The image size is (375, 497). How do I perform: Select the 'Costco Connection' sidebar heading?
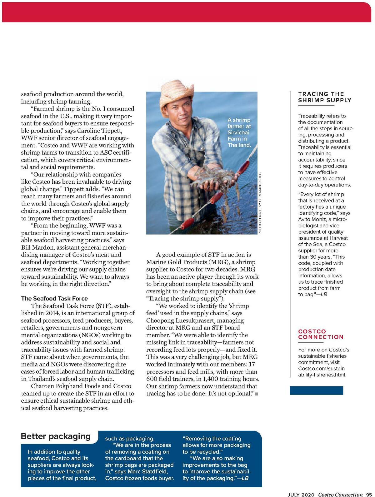(x=321, y=334)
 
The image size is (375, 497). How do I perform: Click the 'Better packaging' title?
(x=56, y=436)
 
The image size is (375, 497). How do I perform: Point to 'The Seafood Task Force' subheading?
(x=54, y=299)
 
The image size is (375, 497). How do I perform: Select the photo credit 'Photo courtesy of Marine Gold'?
(x=260, y=203)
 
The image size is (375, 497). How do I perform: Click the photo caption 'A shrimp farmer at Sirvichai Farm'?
(x=239, y=132)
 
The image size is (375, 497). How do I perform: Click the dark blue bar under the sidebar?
(x=316, y=390)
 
